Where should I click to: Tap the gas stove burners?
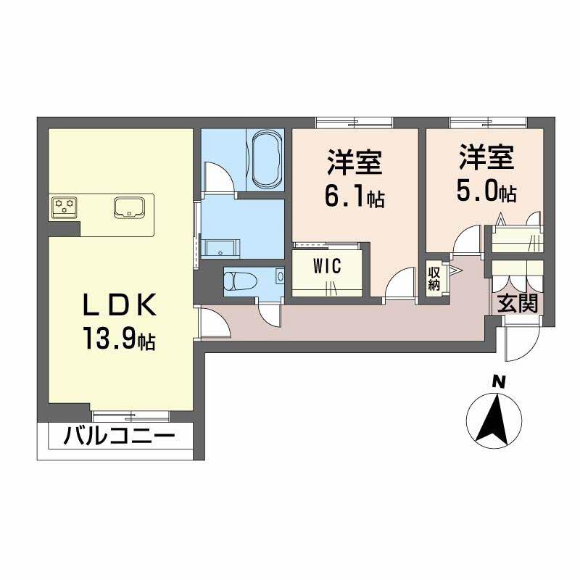pos(65,207)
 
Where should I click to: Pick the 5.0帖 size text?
pos(486,191)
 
